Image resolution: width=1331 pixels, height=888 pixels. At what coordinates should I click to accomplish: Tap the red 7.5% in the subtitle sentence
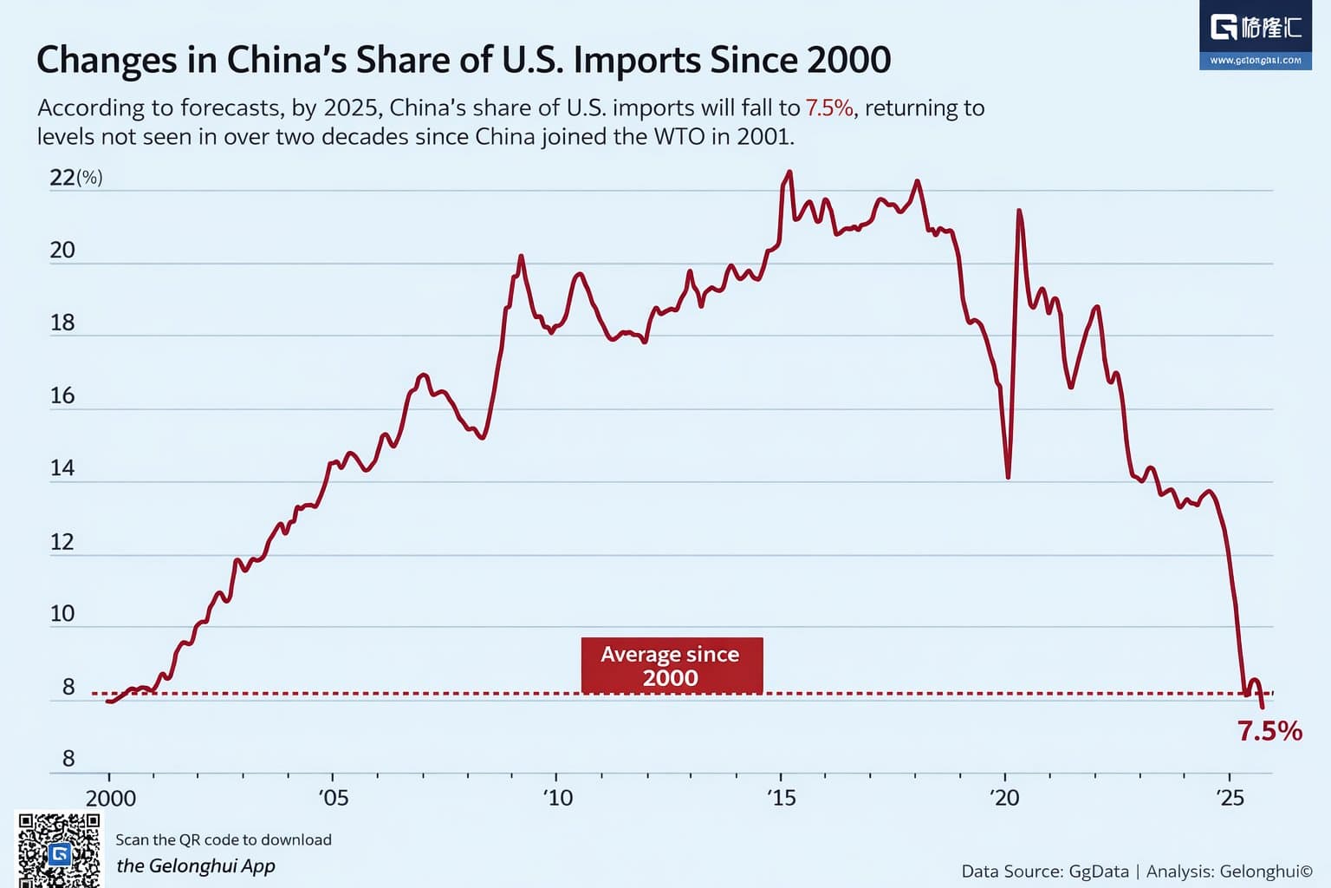click(829, 108)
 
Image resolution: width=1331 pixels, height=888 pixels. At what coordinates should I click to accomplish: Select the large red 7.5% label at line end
click(1269, 731)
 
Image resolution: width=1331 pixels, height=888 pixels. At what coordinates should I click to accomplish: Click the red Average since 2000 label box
click(672, 665)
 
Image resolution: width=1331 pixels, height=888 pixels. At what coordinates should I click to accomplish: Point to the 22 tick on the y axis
click(62, 178)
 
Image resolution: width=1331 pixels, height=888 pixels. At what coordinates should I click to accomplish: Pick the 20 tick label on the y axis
click(62, 251)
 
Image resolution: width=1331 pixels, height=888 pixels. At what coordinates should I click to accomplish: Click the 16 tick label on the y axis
click(62, 396)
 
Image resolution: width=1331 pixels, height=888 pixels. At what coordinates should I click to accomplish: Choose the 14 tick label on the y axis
click(62, 469)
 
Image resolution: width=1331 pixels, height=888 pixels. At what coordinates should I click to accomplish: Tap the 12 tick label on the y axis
click(62, 543)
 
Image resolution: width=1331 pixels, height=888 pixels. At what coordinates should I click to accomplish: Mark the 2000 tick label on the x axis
click(111, 798)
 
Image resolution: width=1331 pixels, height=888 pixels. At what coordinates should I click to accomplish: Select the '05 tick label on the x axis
click(334, 798)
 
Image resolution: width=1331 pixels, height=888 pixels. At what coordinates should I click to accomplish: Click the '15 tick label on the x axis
click(781, 798)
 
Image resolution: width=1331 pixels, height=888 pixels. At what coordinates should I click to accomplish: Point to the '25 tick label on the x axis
click(1230, 798)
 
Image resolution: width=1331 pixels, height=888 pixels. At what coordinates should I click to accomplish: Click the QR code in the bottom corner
click(59, 850)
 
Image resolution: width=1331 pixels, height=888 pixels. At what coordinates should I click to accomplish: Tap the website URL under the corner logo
click(1255, 61)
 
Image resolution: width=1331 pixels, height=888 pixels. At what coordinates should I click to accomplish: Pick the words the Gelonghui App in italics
click(196, 865)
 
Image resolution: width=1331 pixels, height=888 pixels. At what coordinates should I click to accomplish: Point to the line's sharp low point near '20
click(1008, 476)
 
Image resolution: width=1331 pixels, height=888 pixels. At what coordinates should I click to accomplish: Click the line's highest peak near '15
click(789, 173)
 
